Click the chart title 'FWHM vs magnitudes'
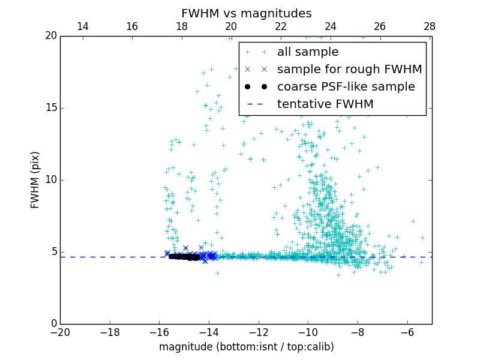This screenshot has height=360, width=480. pos(246,13)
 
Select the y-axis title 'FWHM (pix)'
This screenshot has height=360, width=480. pos(35,179)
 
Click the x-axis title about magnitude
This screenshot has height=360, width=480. pos(246,347)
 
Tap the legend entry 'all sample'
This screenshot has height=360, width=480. pos(308,52)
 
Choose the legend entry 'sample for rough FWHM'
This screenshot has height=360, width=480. pos(349,70)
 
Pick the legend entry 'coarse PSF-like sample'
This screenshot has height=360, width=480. pos(346,87)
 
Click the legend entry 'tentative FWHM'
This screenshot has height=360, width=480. pos(325,104)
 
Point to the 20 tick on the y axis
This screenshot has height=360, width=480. pos(50,36)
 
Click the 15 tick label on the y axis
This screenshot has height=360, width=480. pos(50,108)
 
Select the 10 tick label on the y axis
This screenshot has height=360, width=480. pos(50,180)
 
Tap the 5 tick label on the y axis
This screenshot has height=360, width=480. pos(53,252)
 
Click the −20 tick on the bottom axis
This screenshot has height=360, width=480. pos(60,331)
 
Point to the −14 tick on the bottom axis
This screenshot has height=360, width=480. pos(209,331)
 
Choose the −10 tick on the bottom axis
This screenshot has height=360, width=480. pos(308,331)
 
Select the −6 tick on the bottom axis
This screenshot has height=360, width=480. pos(407,331)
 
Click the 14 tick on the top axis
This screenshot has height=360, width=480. pos(83,26)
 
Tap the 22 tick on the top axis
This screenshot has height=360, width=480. pos(281,26)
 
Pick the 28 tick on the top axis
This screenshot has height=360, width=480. pos(430,26)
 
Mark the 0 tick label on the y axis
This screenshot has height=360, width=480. pos(53,324)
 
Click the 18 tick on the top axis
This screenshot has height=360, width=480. pos(182,26)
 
